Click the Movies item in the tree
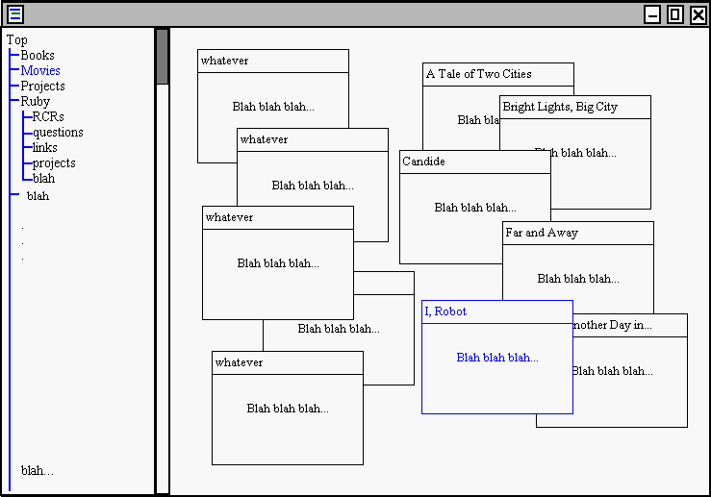[40, 70]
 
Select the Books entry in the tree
[38, 55]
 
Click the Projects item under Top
[42, 86]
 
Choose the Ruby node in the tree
[36, 101]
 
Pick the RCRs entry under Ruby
[48, 116]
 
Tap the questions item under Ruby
[58, 132]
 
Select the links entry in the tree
[45, 147]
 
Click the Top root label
[16, 39]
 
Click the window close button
[698, 13]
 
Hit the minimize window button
[652, 13]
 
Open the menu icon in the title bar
[14, 13]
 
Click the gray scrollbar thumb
[162, 57]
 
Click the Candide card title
[423, 162]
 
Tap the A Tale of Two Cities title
[478, 74]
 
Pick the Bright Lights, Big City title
[560, 107]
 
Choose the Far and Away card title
[542, 233]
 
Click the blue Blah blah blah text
[497, 358]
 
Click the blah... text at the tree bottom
[38, 470]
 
